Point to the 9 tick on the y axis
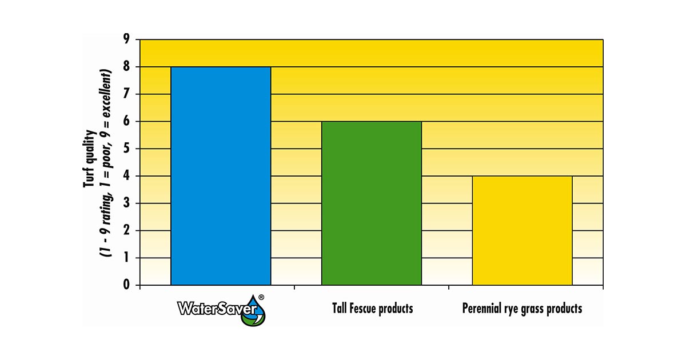click(126, 39)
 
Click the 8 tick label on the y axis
click(126, 67)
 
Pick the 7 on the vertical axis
click(126, 94)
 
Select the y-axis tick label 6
click(126, 122)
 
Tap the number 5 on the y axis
click(126, 149)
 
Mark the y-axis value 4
click(126, 176)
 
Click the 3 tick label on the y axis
click(126, 203)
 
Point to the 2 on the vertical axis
click(126, 231)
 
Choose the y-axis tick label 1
click(126, 258)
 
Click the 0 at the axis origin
click(126, 285)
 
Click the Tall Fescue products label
click(372, 309)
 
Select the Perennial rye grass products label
click(522, 309)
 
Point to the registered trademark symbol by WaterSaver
click(261, 297)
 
